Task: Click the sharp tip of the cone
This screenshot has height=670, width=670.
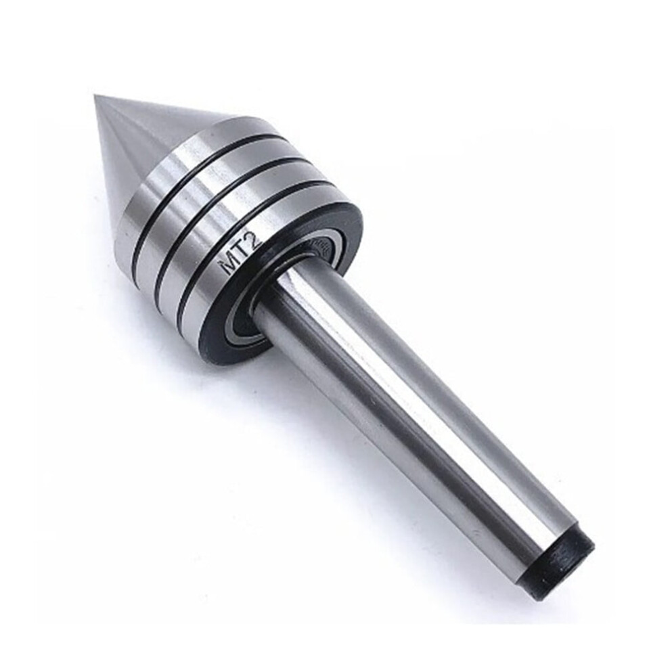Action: [x=95, y=97]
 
